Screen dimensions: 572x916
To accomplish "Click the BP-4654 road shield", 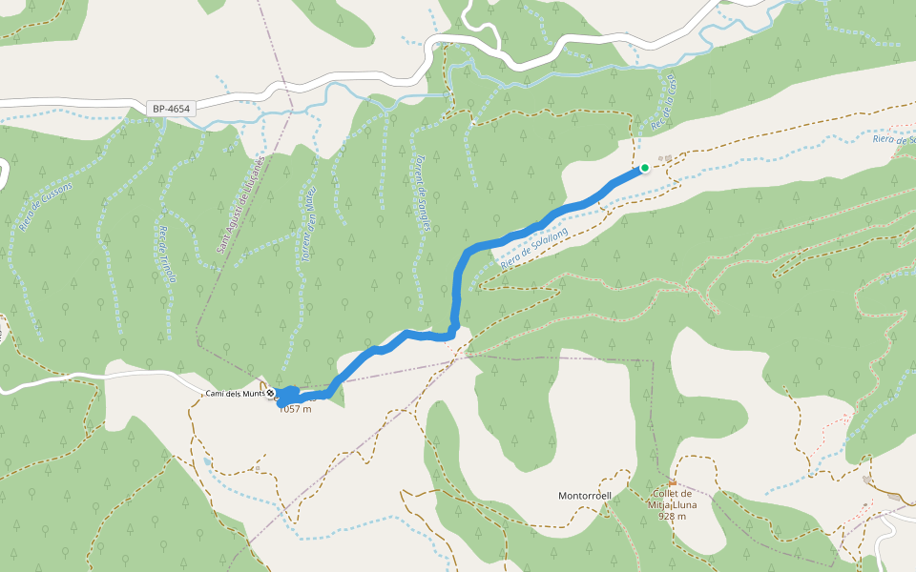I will tap(172, 109).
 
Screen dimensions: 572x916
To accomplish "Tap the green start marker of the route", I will tap(645, 168).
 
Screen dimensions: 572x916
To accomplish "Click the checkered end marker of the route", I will tap(272, 393).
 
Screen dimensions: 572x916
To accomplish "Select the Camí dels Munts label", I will tap(235, 394).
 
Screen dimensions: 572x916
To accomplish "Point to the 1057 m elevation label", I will tap(296, 410).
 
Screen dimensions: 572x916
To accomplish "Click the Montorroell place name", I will tap(585, 496).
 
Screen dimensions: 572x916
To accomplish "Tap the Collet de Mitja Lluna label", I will tap(672, 499).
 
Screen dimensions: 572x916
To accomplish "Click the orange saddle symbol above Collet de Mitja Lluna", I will tap(673, 483).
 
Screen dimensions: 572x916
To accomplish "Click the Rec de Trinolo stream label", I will tap(168, 254).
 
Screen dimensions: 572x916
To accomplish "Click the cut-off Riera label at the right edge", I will tap(894, 139).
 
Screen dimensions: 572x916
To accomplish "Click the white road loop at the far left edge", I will tap(4, 172).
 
